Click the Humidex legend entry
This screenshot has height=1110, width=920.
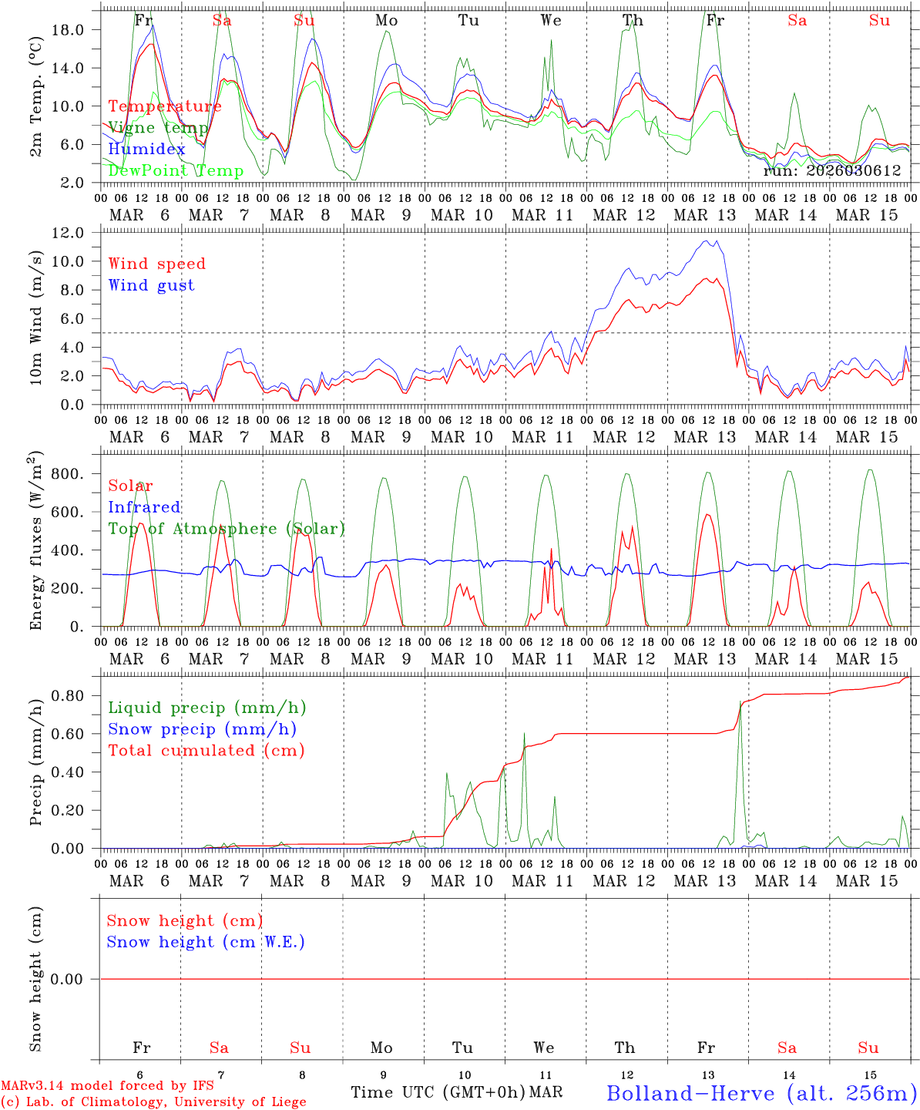(x=146, y=150)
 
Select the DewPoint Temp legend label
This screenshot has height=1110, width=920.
(x=176, y=171)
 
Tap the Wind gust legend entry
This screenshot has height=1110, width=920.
(x=151, y=285)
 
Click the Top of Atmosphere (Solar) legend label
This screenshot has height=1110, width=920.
(x=226, y=529)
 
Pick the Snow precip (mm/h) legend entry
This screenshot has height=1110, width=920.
(x=202, y=729)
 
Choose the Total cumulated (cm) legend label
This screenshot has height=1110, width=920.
(x=206, y=751)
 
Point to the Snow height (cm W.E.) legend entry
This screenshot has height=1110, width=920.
(x=206, y=942)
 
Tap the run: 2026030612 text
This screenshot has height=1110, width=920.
(x=831, y=171)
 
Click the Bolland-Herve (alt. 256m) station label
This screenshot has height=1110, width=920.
(x=761, y=1093)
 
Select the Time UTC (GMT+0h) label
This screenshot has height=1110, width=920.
(x=438, y=1092)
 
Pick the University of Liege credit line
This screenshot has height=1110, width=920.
(x=153, y=1102)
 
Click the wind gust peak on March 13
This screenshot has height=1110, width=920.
(x=717, y=240)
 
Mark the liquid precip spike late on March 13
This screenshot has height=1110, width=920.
(x=740, y=701)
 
